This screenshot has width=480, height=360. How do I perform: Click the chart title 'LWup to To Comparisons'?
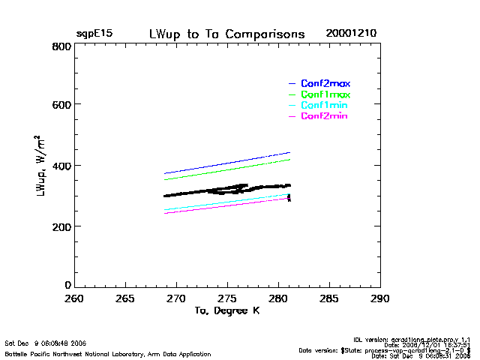[227, 34]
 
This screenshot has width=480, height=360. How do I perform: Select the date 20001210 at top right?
[351, 34]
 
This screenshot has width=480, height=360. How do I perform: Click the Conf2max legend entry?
[325, 83]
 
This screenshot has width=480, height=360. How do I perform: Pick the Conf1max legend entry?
[325, 94]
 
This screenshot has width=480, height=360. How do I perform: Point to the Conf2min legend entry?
[324, 116]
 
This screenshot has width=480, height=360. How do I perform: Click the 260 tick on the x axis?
[74, 298]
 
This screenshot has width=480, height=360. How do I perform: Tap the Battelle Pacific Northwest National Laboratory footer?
[108, 353]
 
